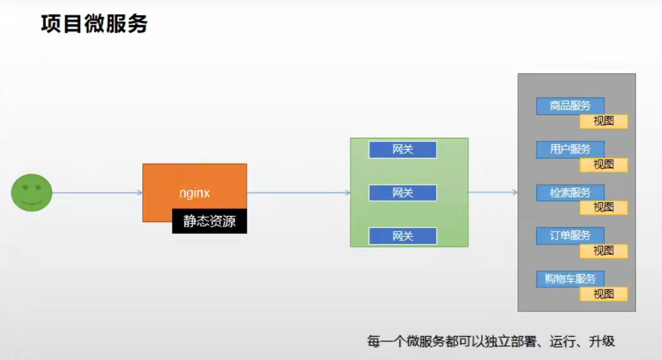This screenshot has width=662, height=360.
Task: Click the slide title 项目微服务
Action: click(94, 24)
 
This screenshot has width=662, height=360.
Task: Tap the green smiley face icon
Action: click(31, 193)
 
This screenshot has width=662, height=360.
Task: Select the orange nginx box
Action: click(194, 186)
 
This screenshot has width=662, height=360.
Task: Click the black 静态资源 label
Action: click(210, 222)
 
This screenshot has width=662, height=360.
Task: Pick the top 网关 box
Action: click(403, 150)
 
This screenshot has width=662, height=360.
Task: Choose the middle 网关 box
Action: click(403, 193)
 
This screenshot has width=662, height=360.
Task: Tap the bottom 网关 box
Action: click(403, 236)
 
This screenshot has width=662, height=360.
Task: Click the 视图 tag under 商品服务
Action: click(603, 121)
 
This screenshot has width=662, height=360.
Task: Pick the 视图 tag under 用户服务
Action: click(603, 165)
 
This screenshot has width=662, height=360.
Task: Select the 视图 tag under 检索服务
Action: click(603, 207)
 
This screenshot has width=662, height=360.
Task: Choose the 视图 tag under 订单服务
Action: click(603, 250)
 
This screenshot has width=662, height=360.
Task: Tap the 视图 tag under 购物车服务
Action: click(603, 294)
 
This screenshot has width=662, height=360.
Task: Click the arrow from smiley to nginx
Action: click(97, 193)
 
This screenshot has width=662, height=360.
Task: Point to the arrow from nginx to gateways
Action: click(298, 193)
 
